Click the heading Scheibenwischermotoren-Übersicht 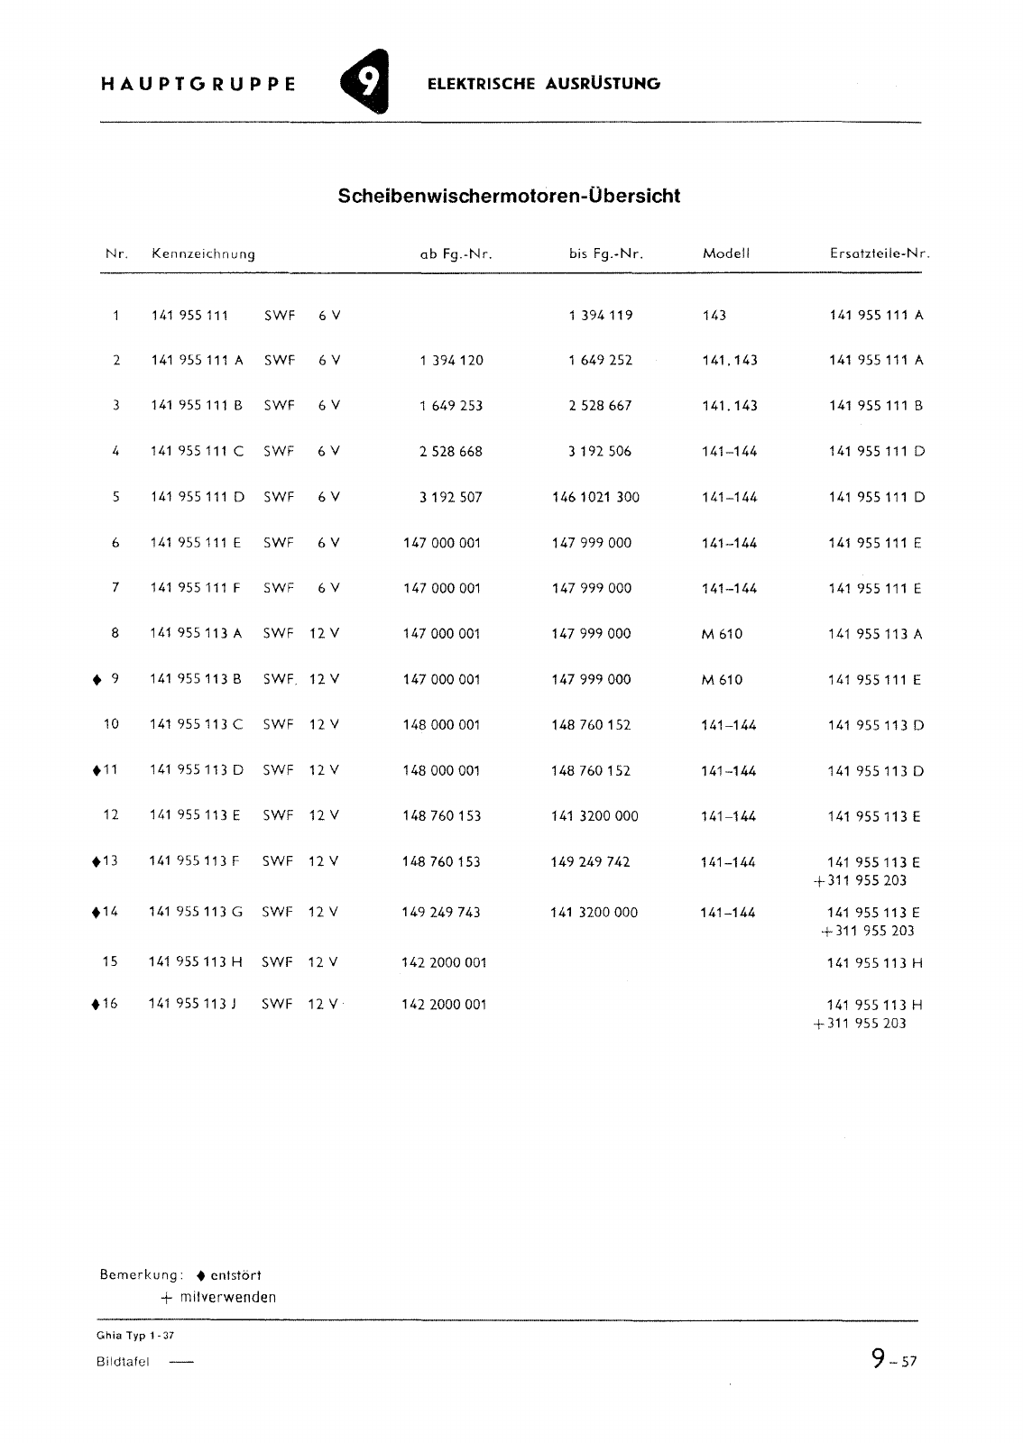(x=509, y=196)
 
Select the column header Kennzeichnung (x=203, y=254)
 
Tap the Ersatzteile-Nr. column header (x=879, y=254)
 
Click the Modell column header (x=726, y=254)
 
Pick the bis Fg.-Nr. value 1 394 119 (x=601, y=316)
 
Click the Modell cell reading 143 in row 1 (x=714, y=316)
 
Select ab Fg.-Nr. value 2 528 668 (x=450, y=452)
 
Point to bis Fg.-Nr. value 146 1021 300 (x=595, y=497)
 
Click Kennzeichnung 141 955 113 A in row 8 (x=196, y=634)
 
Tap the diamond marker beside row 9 (x=96, y=680)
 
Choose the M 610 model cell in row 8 (x=722, y=634)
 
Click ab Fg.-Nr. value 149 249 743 (x=441, y=913)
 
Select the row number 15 (x=110, y=962)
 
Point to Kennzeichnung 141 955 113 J (x=192, y=1004)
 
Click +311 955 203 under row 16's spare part (x=860, y=1024)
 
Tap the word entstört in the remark (x=235, y=1275)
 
